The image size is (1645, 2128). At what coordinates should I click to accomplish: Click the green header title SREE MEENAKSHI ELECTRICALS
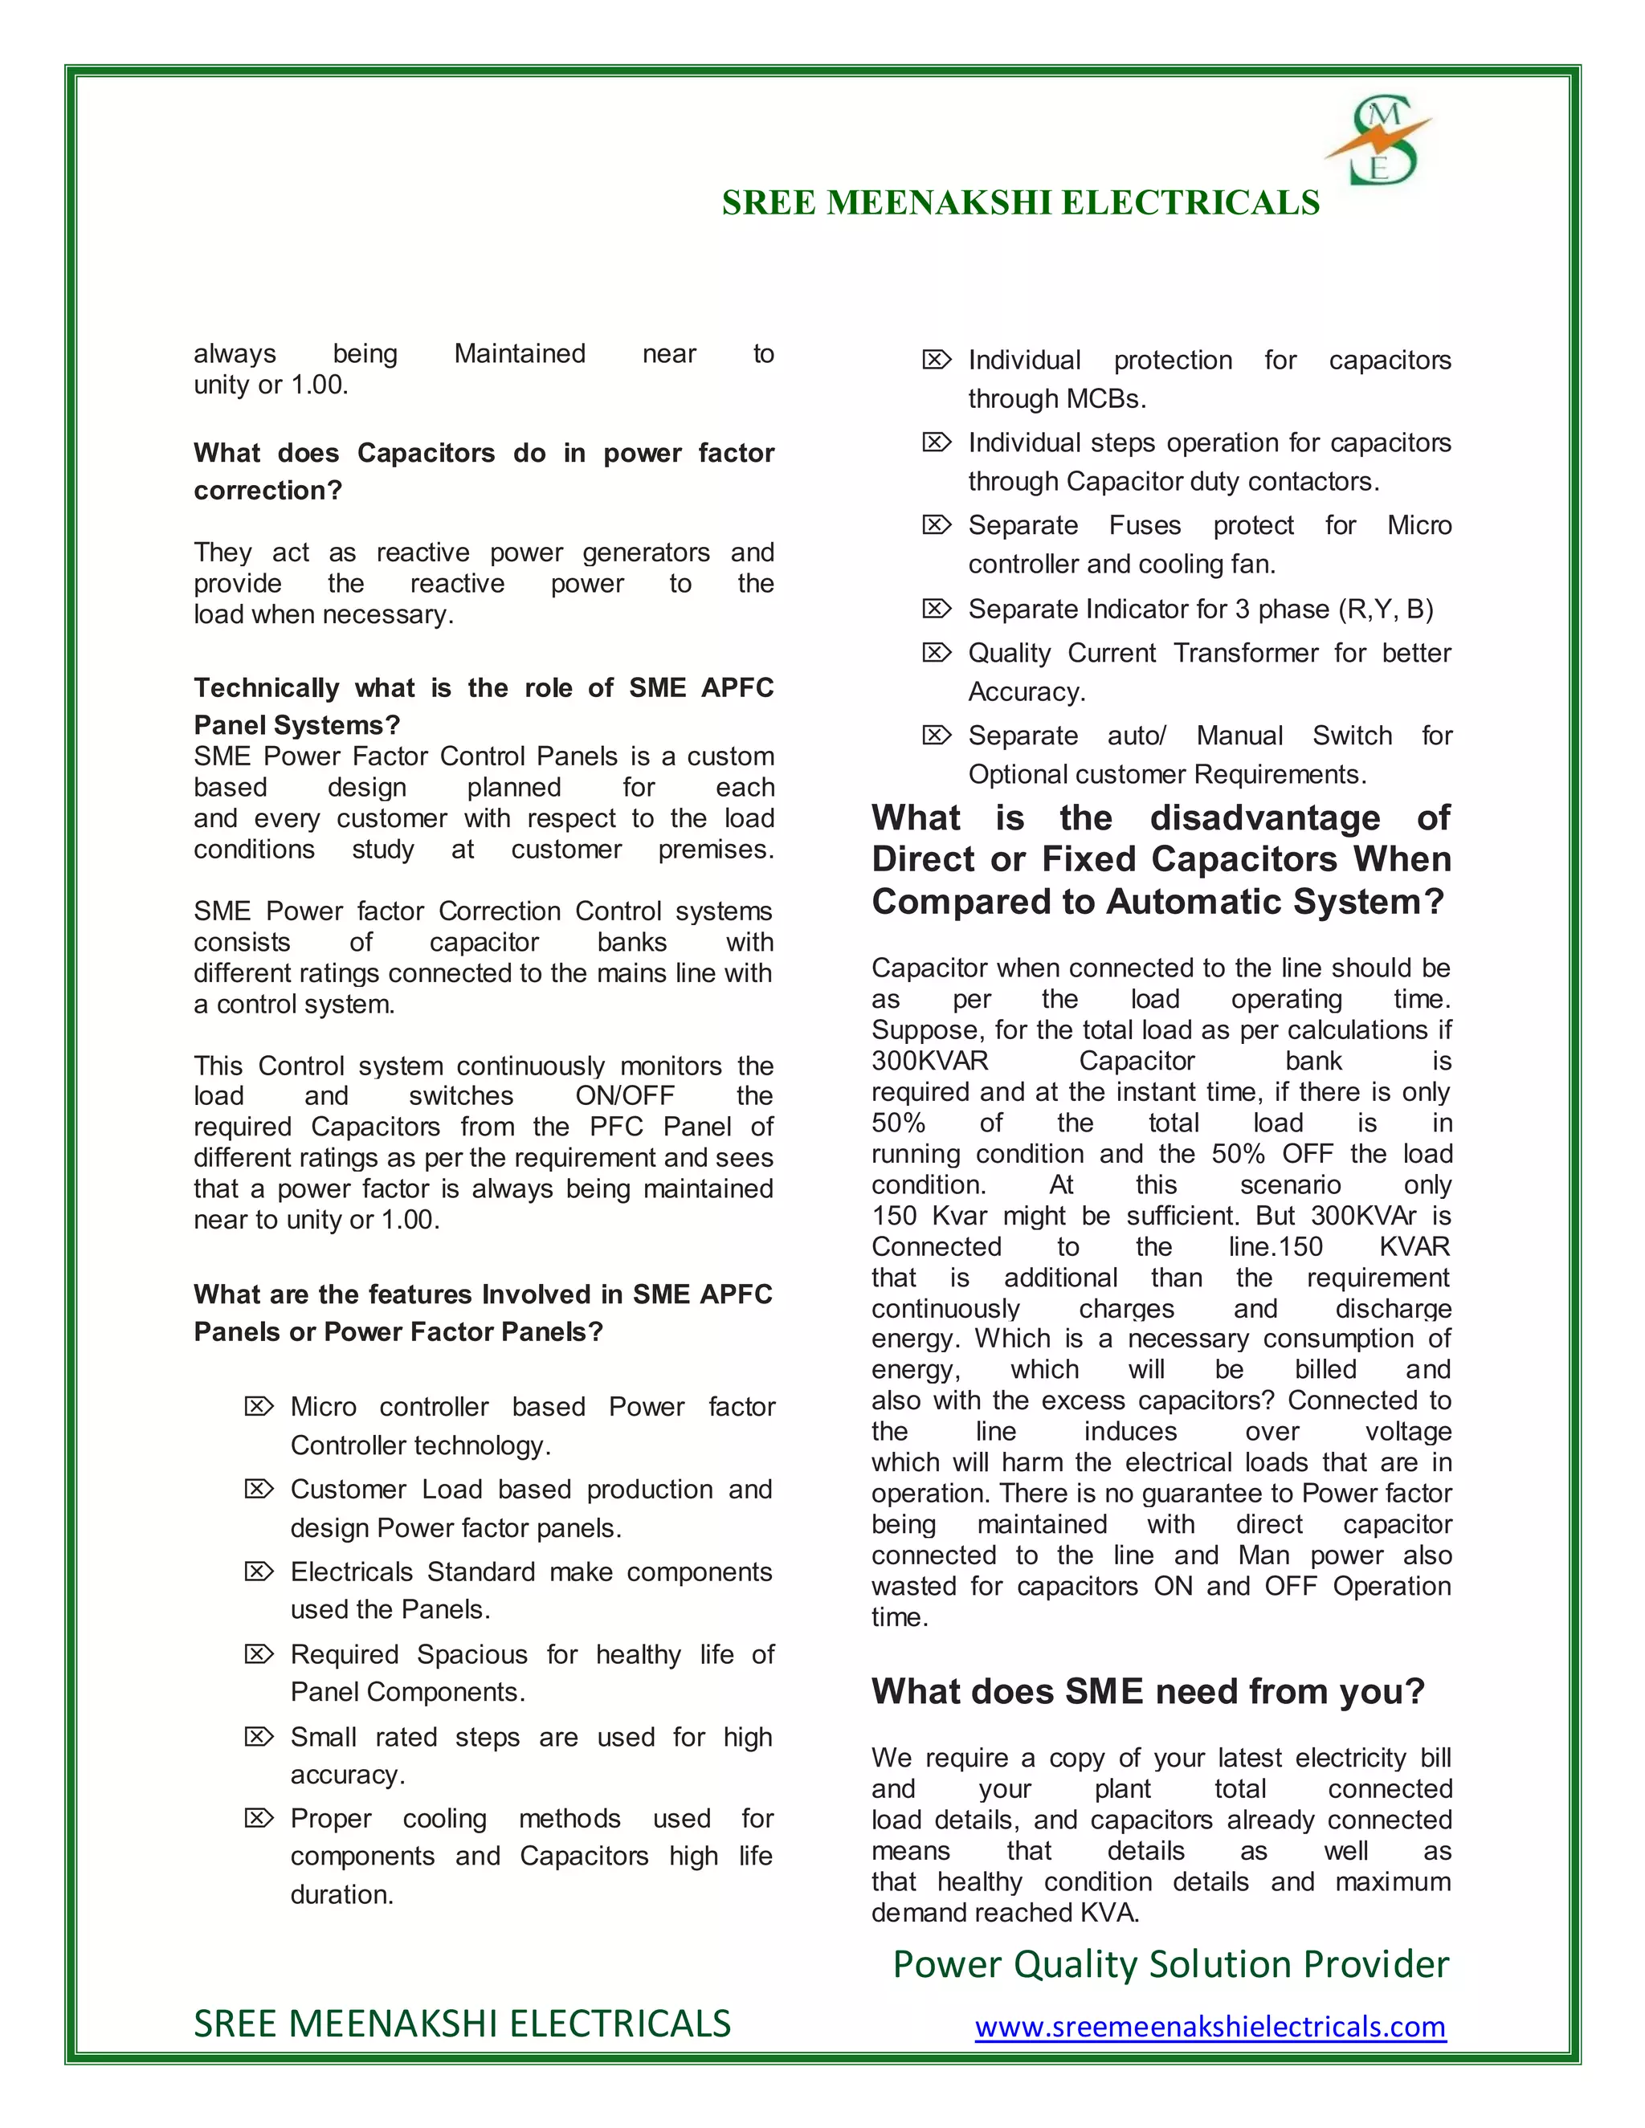1020,202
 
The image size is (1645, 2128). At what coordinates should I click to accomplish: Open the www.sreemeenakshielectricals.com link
1210,2027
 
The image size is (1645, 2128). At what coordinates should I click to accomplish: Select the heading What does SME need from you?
1148,1691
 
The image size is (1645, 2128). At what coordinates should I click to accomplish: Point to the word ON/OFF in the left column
625,1096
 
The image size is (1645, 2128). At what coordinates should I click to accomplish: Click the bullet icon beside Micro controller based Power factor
259,1407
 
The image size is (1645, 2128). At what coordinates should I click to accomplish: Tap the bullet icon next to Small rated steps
259,1737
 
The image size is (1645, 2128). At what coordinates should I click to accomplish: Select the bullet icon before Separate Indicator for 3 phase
936,609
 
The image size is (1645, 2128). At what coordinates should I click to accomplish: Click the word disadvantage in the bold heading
1265,817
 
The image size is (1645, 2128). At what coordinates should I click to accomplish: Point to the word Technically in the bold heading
266,688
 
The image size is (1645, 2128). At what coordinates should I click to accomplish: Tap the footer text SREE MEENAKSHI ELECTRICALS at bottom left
462,2024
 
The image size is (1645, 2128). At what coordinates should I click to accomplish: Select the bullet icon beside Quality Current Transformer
936,653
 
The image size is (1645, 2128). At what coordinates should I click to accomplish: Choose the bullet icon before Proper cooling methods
259,1819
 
